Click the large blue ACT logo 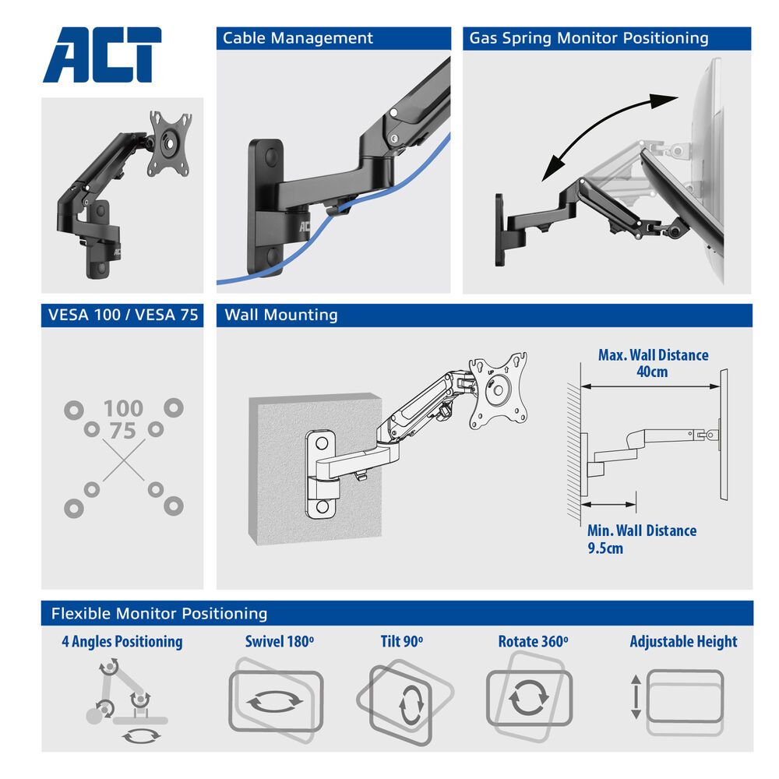102,55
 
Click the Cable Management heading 298,38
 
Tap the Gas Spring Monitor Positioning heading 588,38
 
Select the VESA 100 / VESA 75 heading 122,315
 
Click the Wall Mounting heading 281,315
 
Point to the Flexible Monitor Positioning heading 159,613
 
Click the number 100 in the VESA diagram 123,408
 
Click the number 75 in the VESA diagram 123,431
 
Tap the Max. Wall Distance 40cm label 653,363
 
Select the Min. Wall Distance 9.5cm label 641,539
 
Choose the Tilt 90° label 401,642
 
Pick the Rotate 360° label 533,642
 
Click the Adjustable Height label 683,642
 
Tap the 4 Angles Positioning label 122,642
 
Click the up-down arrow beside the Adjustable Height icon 636,696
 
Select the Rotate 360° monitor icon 528,696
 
